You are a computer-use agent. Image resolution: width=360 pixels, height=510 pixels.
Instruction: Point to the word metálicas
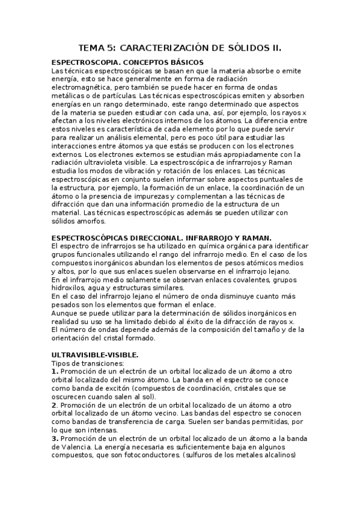tap(69, 96)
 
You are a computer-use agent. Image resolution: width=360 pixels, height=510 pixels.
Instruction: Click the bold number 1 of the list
tap(55, 372)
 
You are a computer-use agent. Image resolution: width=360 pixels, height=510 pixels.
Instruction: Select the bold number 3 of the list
tap(55, 438)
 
